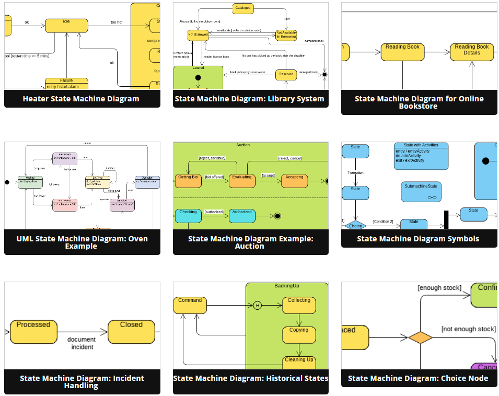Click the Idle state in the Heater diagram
[66, 25]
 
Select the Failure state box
[66, 84]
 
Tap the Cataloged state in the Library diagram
[243, 8]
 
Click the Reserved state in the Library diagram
[286, 75]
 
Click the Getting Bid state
[188, 180]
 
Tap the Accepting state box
[294, 180]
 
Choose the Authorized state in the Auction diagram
[242, 215]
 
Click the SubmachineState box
[421, 191]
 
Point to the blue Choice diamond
[355, 225]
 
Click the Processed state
[33, 331]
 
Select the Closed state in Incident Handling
[131, 331]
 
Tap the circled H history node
[257, 306]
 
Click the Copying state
[299, 334]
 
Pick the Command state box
[190, 305]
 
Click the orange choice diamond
[420, 337]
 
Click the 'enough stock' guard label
[439, 288]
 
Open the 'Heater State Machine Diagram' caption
[81, 99]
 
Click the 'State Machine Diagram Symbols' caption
[418, 239]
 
